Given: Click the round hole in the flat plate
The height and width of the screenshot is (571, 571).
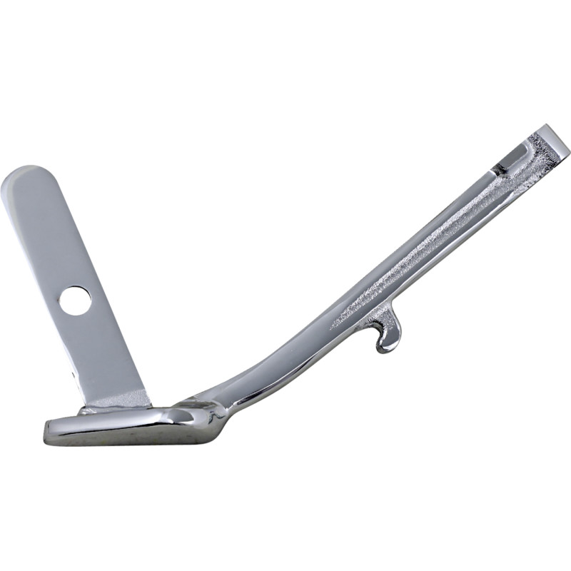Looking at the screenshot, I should (75, 300).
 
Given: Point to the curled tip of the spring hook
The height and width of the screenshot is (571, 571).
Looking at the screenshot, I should (385, 348).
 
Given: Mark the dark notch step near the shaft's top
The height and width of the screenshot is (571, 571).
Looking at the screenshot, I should (500, 168).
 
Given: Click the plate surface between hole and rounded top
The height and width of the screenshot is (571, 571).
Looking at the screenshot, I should (50, 236).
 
